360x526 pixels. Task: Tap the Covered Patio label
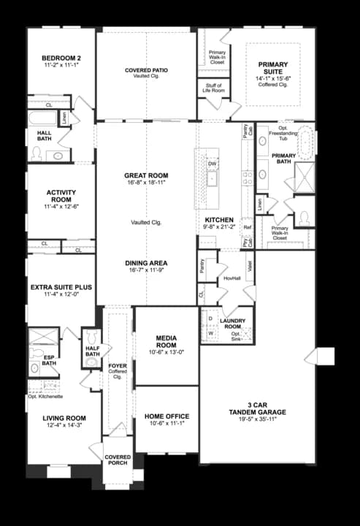pyautogui.click(x=146, y=70)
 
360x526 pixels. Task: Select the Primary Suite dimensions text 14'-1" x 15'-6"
pyautogui.click(x=273, y=78)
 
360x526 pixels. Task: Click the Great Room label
pyautogui.click(x=146, y=176)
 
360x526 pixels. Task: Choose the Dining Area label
pyautogui.click(x=146, y=263)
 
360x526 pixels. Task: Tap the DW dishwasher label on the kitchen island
pyautogui.click(x=212, y=164)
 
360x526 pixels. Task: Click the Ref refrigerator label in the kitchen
pyautogui.click(x=248, y=227)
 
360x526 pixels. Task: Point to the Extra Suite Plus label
pyautogui.click(x=61, y=287)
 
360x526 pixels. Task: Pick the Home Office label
pyautogui.click(x=167, y=417)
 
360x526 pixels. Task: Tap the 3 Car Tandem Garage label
pyautogui.click(x=256, y=408)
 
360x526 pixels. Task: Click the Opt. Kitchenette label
pyautogui.click(x=45, y=396)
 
